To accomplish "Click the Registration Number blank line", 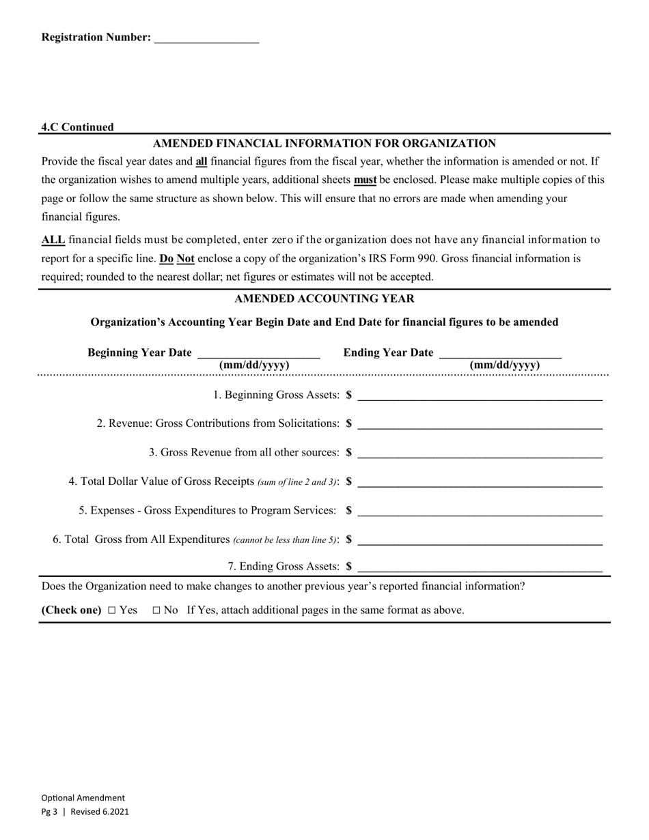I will click(206, 39).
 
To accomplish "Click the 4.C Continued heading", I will click(77, 127).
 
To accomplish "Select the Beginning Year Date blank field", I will click(258, 354).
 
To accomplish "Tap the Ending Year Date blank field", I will click(500, 354).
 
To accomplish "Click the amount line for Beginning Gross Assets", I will click(480, 395).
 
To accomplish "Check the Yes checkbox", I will click(112, 611).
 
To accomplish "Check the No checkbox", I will click(156, 611).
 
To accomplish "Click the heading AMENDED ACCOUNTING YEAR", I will click(324, 299).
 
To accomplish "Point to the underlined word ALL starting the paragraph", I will click(53, 240).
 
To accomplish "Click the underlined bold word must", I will click(365, 180).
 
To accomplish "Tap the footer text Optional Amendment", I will click(83, 798).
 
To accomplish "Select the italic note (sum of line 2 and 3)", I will click(297, 482).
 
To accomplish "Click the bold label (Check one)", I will click(71, 610).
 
